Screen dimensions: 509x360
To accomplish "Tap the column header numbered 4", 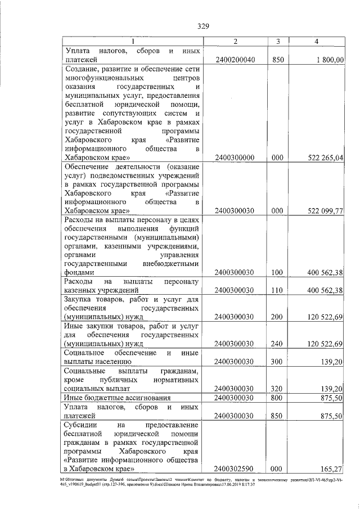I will [317, 41].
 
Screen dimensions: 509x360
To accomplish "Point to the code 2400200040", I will [235, 59].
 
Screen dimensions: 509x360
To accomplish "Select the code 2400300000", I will [235, 159].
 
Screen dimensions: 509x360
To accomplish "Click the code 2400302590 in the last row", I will [235, 468].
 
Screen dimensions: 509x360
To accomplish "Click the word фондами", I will [80, 272].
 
